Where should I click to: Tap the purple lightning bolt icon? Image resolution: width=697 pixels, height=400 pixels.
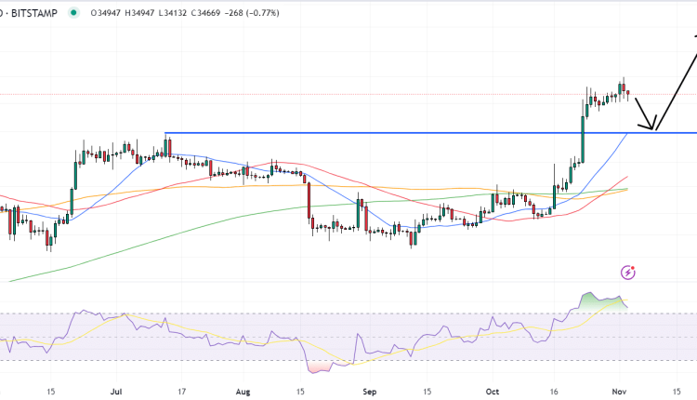point(628,272)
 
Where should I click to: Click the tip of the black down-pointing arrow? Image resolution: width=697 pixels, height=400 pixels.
point(653,129)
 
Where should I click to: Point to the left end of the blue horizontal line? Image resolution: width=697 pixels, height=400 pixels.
point(165,133)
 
